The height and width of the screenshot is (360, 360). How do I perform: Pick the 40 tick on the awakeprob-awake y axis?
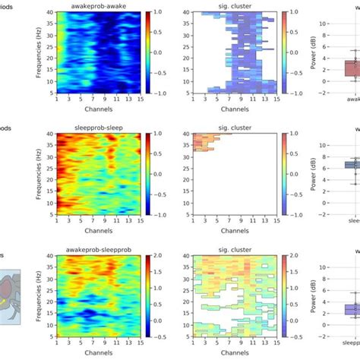point(50,12)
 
